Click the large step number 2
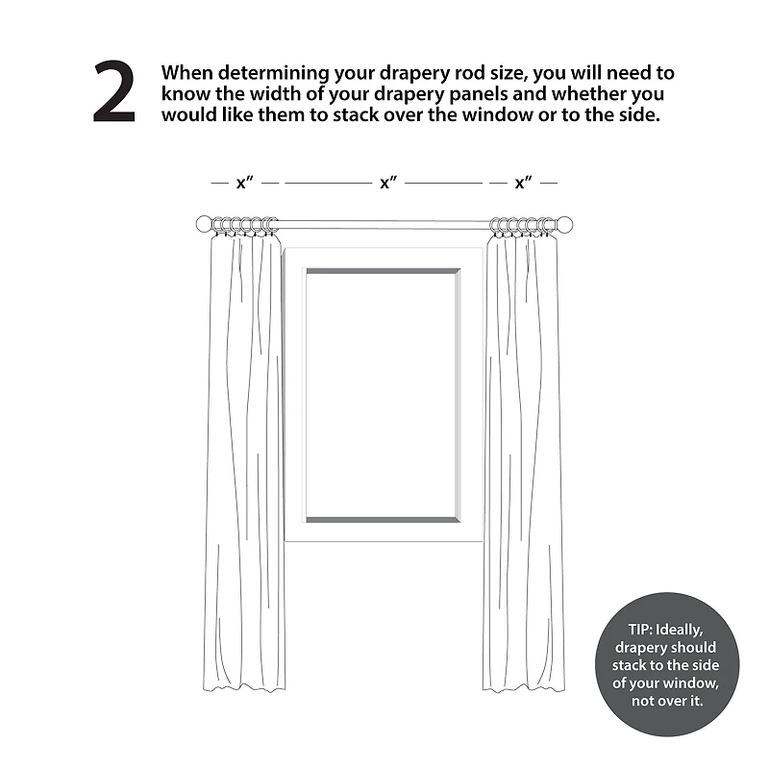tap(113, 91)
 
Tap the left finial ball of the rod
tap(204, 224)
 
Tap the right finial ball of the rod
tap(565, 224)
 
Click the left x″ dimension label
tap(245, 183)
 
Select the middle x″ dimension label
tap(388, 183)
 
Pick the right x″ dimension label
tap(523, 183)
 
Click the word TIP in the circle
tap(639, 630)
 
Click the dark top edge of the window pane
tap(383, 271)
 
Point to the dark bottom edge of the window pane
tap(383, 520)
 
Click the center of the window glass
tap(383, 395)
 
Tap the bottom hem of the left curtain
tap(244, 687)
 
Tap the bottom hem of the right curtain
tap(524, 687)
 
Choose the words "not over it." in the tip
tap(667, 701)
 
